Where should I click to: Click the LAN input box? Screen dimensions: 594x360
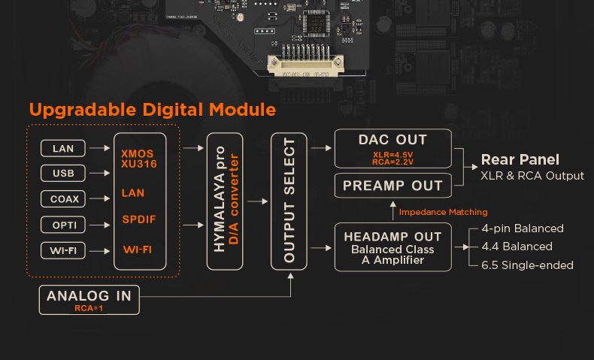(x=63, y=148)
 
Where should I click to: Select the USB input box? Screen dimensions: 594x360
(x=63, y=173)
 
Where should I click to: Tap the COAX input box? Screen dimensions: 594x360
(x=63, y=198)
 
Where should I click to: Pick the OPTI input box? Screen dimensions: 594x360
(x=63, y=225)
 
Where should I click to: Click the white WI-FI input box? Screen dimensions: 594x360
(x=63, y=250)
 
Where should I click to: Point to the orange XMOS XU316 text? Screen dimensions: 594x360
(x=139, y=159)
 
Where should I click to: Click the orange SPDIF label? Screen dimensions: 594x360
(x=139, y=219)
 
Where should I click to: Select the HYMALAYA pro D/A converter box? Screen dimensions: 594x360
(x=225, y=201)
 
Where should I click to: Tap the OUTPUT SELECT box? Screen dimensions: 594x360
(x=289, y=201)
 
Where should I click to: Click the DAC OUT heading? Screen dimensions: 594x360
(x=392, y=140)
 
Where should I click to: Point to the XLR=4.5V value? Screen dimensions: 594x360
(x=392, y=155)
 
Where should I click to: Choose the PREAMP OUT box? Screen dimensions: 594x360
(x=393, y=186)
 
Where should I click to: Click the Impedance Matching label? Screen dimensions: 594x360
(x=443, y=212)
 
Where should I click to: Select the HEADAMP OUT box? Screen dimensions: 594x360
(x=393, y=247)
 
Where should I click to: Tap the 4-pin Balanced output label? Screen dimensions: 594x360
(x=523, y=228)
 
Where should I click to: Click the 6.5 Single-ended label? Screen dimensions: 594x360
(x=527, y=265)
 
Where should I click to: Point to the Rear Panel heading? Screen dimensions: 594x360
(x=520, y=159)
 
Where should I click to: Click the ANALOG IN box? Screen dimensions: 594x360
(x=89, y=300)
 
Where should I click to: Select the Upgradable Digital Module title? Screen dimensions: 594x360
(x=153, y=110)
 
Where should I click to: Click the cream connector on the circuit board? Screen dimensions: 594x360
(x=306, y=65)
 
